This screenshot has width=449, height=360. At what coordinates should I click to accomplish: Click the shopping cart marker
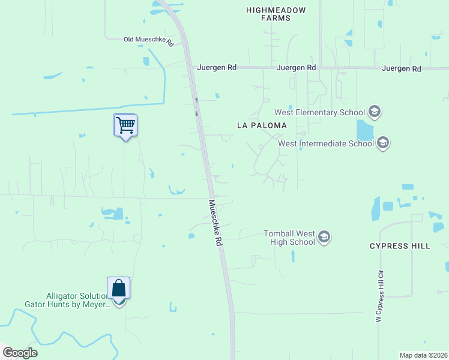click(125, 125)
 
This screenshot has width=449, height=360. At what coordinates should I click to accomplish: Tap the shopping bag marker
click(119, 289)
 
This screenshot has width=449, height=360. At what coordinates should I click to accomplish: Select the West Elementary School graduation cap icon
click(375, 112)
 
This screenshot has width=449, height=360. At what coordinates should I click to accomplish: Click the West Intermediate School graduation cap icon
click(384, 143)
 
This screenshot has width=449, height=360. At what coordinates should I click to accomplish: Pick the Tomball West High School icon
click(324, 238)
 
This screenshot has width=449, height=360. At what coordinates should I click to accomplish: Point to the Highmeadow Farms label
click(276, 14)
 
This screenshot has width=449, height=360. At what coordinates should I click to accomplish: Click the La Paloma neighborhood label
click(262, 125)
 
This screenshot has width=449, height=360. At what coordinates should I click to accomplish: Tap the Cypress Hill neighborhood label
click(400, 246)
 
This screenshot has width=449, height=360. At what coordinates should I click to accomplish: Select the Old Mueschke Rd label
click(148, 40)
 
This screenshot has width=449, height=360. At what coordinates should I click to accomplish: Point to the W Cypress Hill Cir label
click(380, 296)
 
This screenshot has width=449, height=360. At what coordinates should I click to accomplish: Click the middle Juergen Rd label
click(296, 68)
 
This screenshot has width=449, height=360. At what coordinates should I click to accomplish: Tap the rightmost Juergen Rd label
click(401, 69)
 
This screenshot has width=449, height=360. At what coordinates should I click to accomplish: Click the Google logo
click(20, 353)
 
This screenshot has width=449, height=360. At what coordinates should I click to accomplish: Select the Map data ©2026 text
click(423, 355)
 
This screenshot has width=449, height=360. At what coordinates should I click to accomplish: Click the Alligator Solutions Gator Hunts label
click(79, 300)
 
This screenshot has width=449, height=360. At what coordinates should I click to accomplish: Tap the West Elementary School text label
click(319, 112)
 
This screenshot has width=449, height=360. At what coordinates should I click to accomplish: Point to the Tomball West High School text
click(289, 238)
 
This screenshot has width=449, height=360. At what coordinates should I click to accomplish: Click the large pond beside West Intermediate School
click(365, 130)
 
